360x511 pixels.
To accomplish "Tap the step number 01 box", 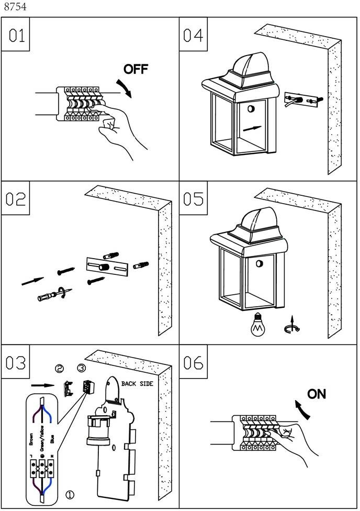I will tap(16, 35).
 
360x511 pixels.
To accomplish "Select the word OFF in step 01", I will tap(136, 69).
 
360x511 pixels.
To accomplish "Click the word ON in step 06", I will tap(317, 394).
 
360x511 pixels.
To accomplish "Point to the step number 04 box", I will tap(193, 35).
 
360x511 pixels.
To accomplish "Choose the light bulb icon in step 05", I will tap(257, 325).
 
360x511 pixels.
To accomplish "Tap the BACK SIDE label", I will tap(137, 384).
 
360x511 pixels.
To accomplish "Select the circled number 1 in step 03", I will tap(69, 494).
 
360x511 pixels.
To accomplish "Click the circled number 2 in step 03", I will tap(60, 369).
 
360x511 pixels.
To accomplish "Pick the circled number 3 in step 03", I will tap(81, 368).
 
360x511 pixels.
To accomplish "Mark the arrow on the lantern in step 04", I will tap(252, 128).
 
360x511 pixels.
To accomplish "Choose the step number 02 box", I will tap(16, 199).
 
